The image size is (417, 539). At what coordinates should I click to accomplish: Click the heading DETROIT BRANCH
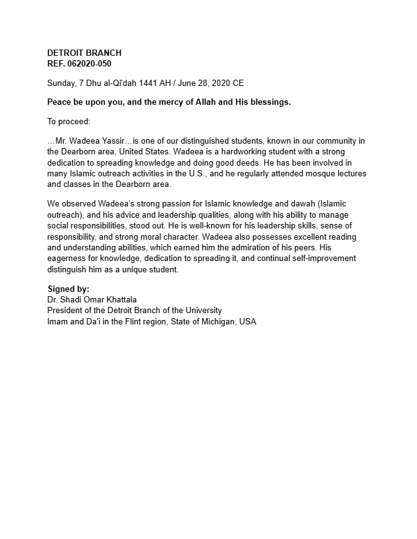click(x=85, y=53)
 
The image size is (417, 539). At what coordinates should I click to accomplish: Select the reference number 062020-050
click(x=90, y=63)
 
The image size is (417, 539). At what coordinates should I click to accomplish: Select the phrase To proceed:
click(x=69, y=121)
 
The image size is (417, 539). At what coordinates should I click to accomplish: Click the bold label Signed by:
click(x=69, y=289)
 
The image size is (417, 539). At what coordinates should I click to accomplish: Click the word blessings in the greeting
click(x=268, y=102)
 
